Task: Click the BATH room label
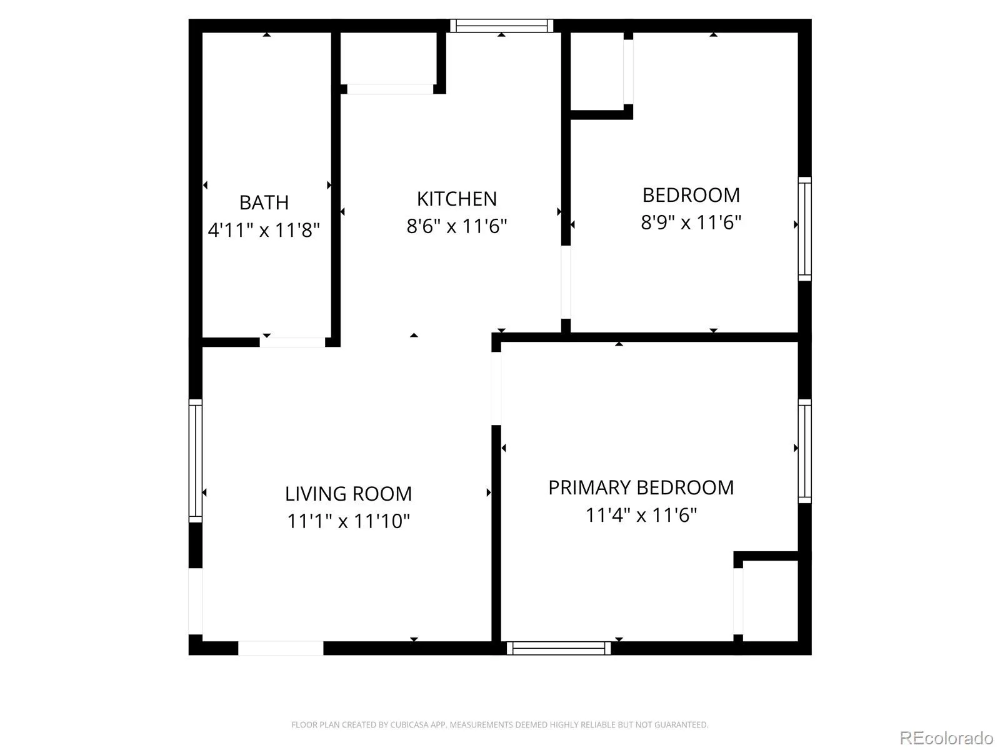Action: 264,202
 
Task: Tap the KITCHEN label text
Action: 457,199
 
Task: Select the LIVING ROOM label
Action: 348,494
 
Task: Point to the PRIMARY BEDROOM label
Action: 641,487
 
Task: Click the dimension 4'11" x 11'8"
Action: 264,230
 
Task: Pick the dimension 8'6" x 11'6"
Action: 457,226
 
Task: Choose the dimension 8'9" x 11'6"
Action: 691,222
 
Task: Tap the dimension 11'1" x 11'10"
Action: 348,521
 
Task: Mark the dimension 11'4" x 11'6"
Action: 641,515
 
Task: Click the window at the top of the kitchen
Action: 501,26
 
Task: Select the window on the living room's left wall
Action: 196,461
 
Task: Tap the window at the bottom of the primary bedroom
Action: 559,648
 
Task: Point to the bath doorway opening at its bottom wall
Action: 292,342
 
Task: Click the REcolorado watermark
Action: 946,738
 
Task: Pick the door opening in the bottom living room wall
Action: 281,648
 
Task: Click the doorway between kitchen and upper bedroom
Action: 566,282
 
